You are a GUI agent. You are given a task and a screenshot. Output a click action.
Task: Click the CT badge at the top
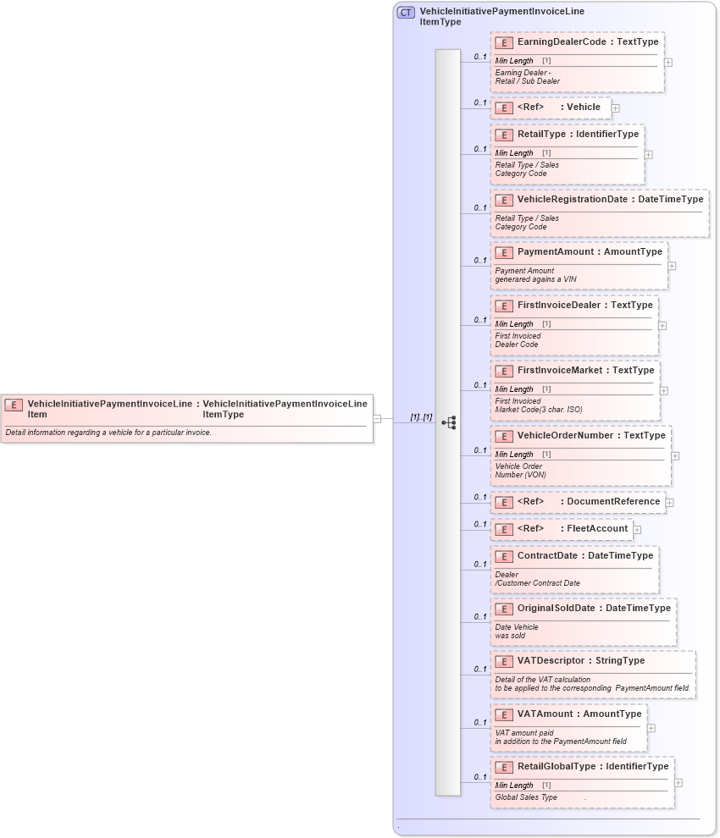[406, 13]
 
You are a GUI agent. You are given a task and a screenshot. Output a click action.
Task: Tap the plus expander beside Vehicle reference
[616, 108]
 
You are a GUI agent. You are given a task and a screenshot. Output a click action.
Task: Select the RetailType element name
[540, 134]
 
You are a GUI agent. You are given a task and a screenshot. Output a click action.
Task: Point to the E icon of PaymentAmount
[504, 252]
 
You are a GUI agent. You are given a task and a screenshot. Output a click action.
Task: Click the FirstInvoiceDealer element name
[559, 305]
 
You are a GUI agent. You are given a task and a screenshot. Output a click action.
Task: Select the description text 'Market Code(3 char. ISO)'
[539, 410]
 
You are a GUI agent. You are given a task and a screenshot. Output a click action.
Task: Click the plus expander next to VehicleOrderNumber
[675, 455]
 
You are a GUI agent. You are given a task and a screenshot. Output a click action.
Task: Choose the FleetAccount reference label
[597, 528]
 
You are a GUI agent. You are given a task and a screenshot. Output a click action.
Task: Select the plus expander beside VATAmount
[651, 728]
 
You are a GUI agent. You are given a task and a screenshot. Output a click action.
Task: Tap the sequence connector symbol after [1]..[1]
[449, 422]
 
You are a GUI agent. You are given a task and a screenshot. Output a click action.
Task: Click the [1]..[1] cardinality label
[421, 416]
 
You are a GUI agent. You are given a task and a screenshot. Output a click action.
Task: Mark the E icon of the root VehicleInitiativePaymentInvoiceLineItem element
[14, 405]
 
